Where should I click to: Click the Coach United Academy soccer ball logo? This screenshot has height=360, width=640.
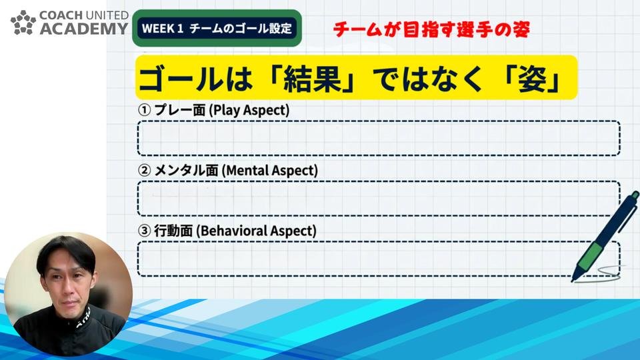tap(23, 23)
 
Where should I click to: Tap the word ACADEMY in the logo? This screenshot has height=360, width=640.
tap(84, 29)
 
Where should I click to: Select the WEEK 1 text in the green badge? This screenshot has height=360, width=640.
tap(163, 29)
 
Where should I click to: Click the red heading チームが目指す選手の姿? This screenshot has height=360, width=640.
tap(432, 29)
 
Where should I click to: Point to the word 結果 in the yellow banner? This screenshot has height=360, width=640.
tap(312, 79)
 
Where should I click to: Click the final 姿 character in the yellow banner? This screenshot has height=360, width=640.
tap(533, 79)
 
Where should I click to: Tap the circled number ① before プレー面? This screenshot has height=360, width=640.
tap(144, 110)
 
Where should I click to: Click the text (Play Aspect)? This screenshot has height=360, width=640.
tap(249, 111)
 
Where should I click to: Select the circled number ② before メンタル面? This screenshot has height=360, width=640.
tap(144, 171)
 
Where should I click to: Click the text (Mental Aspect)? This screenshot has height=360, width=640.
tap(270, 171)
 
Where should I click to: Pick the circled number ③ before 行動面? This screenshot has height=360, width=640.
tap(144, 231)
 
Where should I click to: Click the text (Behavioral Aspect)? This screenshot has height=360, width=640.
tap(256, 231)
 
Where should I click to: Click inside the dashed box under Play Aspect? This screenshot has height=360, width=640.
tap(379, 139)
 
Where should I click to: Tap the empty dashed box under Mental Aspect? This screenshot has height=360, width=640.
tap(379, 199)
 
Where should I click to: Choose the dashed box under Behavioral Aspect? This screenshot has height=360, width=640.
tap(379, 259)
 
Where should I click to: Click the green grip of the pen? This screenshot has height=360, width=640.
tap(591, 255)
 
